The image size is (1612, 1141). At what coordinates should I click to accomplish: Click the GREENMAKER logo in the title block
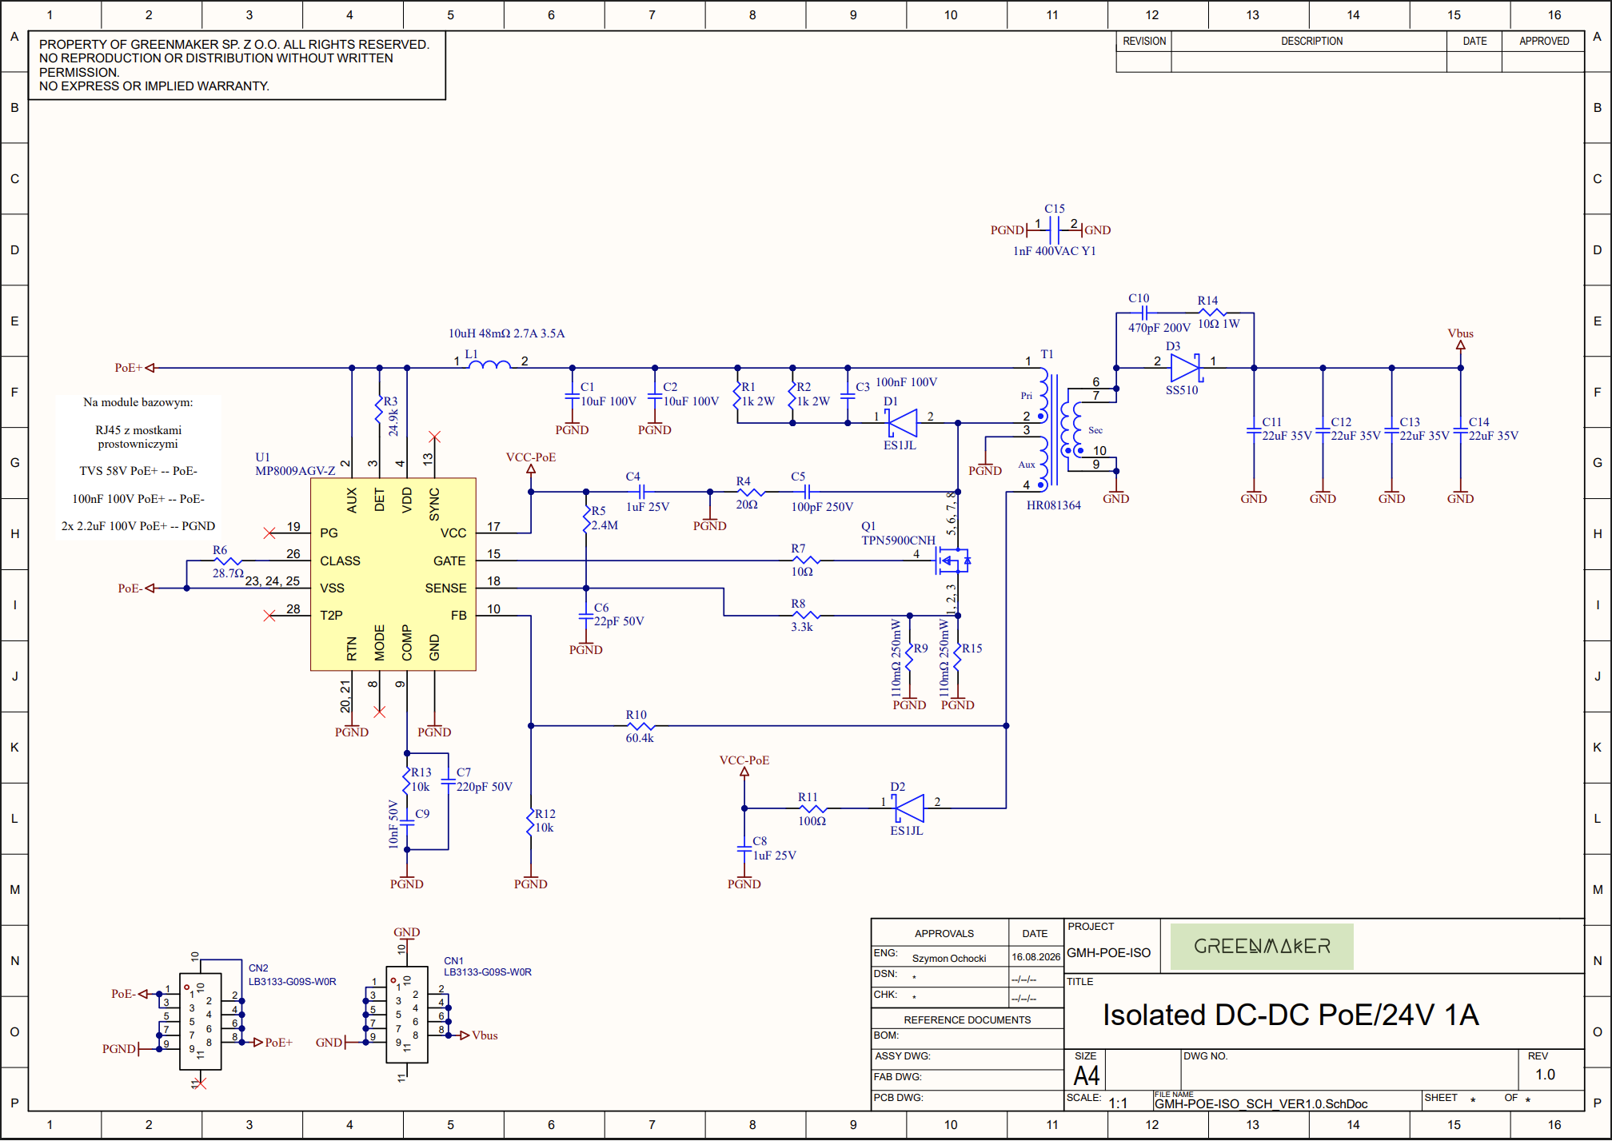click(1262, 947)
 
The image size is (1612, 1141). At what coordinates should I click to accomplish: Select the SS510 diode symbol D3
click(1185, 368)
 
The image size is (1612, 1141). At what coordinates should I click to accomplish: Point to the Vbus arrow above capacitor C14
click(1460, 345)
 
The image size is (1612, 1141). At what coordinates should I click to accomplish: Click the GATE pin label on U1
click(449, 561)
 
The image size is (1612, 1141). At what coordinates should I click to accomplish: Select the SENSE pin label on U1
click(445, 588)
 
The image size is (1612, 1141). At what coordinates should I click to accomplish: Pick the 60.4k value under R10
click(640, 738)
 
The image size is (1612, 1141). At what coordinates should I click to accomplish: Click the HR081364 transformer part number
click(1053, 505)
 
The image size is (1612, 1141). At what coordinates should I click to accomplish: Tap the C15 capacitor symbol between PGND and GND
click(1054, 230)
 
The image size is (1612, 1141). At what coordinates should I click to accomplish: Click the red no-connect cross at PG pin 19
click(269, 533)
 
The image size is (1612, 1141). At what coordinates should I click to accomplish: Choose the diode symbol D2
click(909, 808)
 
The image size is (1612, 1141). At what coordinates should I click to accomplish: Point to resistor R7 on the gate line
click(806, 561)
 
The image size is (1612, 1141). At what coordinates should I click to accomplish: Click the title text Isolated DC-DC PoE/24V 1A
click(1291, 1015)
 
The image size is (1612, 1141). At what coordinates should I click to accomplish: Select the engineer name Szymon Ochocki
click(949, 958)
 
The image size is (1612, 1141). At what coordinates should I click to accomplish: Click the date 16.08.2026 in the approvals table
click(1035, 956)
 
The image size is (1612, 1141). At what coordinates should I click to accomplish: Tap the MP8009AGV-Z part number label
click(295, 471)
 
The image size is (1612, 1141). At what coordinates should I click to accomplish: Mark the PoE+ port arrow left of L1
click(150, 368)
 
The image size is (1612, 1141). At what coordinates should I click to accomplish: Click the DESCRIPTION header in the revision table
click(1311, 41)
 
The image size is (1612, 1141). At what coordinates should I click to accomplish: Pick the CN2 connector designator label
click(258, 967)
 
